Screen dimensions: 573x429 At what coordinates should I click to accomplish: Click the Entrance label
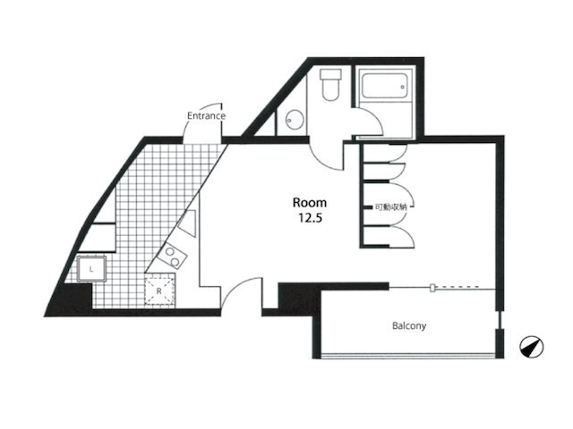point(206,116)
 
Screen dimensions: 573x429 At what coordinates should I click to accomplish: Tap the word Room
point(310,203)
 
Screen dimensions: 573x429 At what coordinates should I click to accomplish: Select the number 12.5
point(310,218)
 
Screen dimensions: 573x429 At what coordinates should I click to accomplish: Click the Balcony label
point(409,325)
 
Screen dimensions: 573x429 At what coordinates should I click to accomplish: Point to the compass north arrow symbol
point(531,347)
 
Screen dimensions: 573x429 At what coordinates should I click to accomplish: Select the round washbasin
point(295,119)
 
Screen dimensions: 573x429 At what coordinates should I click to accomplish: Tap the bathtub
point(385,86)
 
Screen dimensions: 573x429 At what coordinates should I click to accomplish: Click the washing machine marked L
point(91,269)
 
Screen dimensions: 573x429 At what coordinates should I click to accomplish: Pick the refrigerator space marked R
point(159,290)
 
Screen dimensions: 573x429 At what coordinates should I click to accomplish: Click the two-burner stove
point(172,257)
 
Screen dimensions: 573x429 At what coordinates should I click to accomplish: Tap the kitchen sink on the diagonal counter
point(188,223)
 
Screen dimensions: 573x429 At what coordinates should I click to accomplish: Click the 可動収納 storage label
point(390,207)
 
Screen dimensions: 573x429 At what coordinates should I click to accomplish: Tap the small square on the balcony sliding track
point(433,288)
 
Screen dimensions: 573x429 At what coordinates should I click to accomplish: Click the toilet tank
point(330,74)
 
